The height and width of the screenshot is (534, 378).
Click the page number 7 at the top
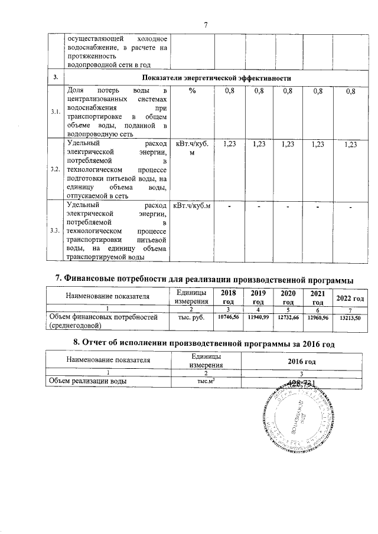(206, 25)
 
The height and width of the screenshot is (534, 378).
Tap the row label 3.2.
(55, 168)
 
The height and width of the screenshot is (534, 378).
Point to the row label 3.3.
(55, 230)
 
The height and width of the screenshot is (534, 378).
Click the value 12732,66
(289, 317)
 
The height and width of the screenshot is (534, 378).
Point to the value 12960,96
(319, 317)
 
